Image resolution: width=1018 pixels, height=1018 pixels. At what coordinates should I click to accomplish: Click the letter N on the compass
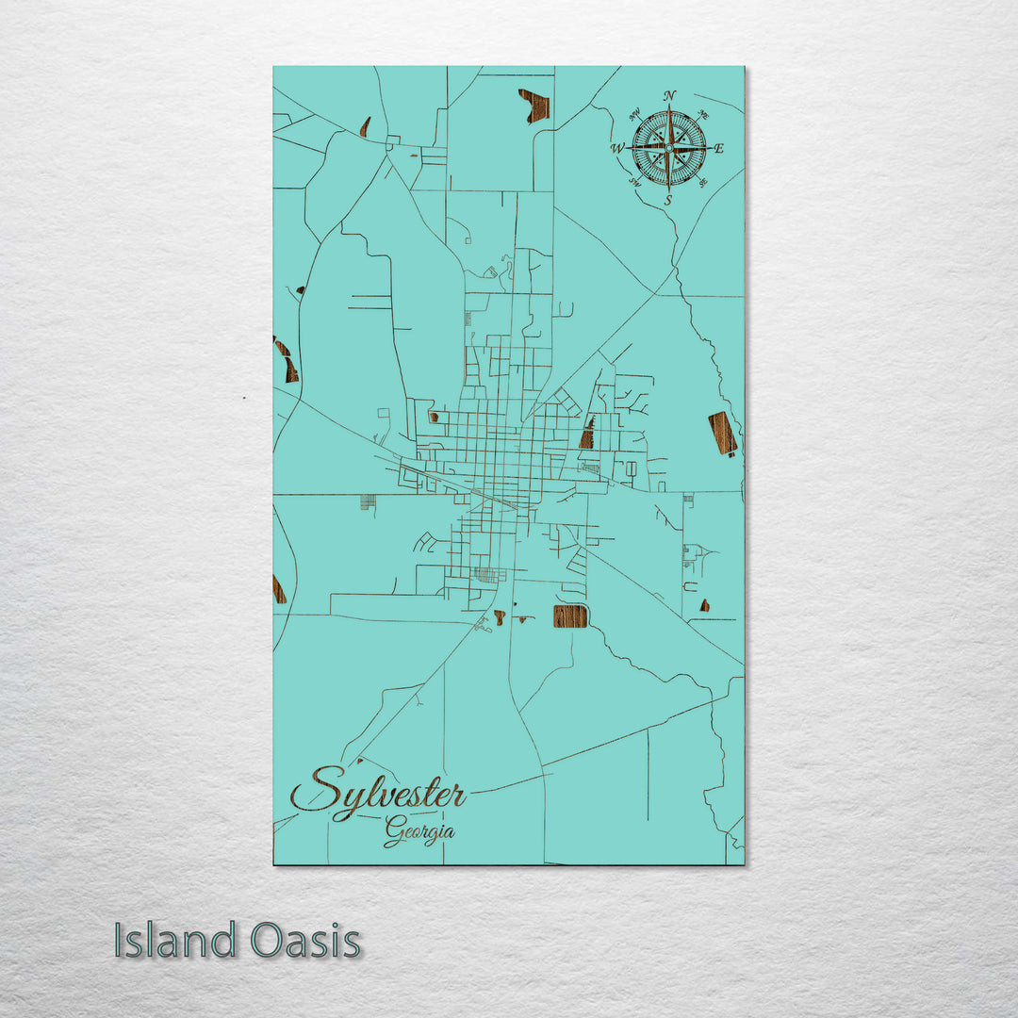coord(669,95)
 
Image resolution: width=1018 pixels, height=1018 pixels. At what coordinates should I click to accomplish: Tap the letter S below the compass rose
coord(668,200)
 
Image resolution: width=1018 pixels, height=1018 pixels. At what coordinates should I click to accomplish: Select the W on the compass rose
coord(617,148)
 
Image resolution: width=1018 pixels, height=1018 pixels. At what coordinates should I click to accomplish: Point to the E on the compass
coord(719,148)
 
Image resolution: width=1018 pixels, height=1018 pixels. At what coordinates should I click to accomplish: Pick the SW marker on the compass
coord(634,183)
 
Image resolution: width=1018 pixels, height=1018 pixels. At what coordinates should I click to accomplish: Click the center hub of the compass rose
coord(669,148)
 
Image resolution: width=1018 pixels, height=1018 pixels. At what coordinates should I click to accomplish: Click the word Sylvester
coord(378,792)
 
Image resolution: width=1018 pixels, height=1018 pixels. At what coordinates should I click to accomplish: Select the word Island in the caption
coord(175,941)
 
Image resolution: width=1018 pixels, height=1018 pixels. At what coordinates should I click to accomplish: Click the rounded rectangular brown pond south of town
coord(570,616)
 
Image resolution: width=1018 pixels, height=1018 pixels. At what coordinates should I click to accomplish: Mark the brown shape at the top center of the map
coord(534,105)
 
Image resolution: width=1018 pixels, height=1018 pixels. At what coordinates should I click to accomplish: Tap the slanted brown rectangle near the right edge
coord(722,433)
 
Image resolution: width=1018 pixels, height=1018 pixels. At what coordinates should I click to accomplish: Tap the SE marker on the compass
coord(704,183)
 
